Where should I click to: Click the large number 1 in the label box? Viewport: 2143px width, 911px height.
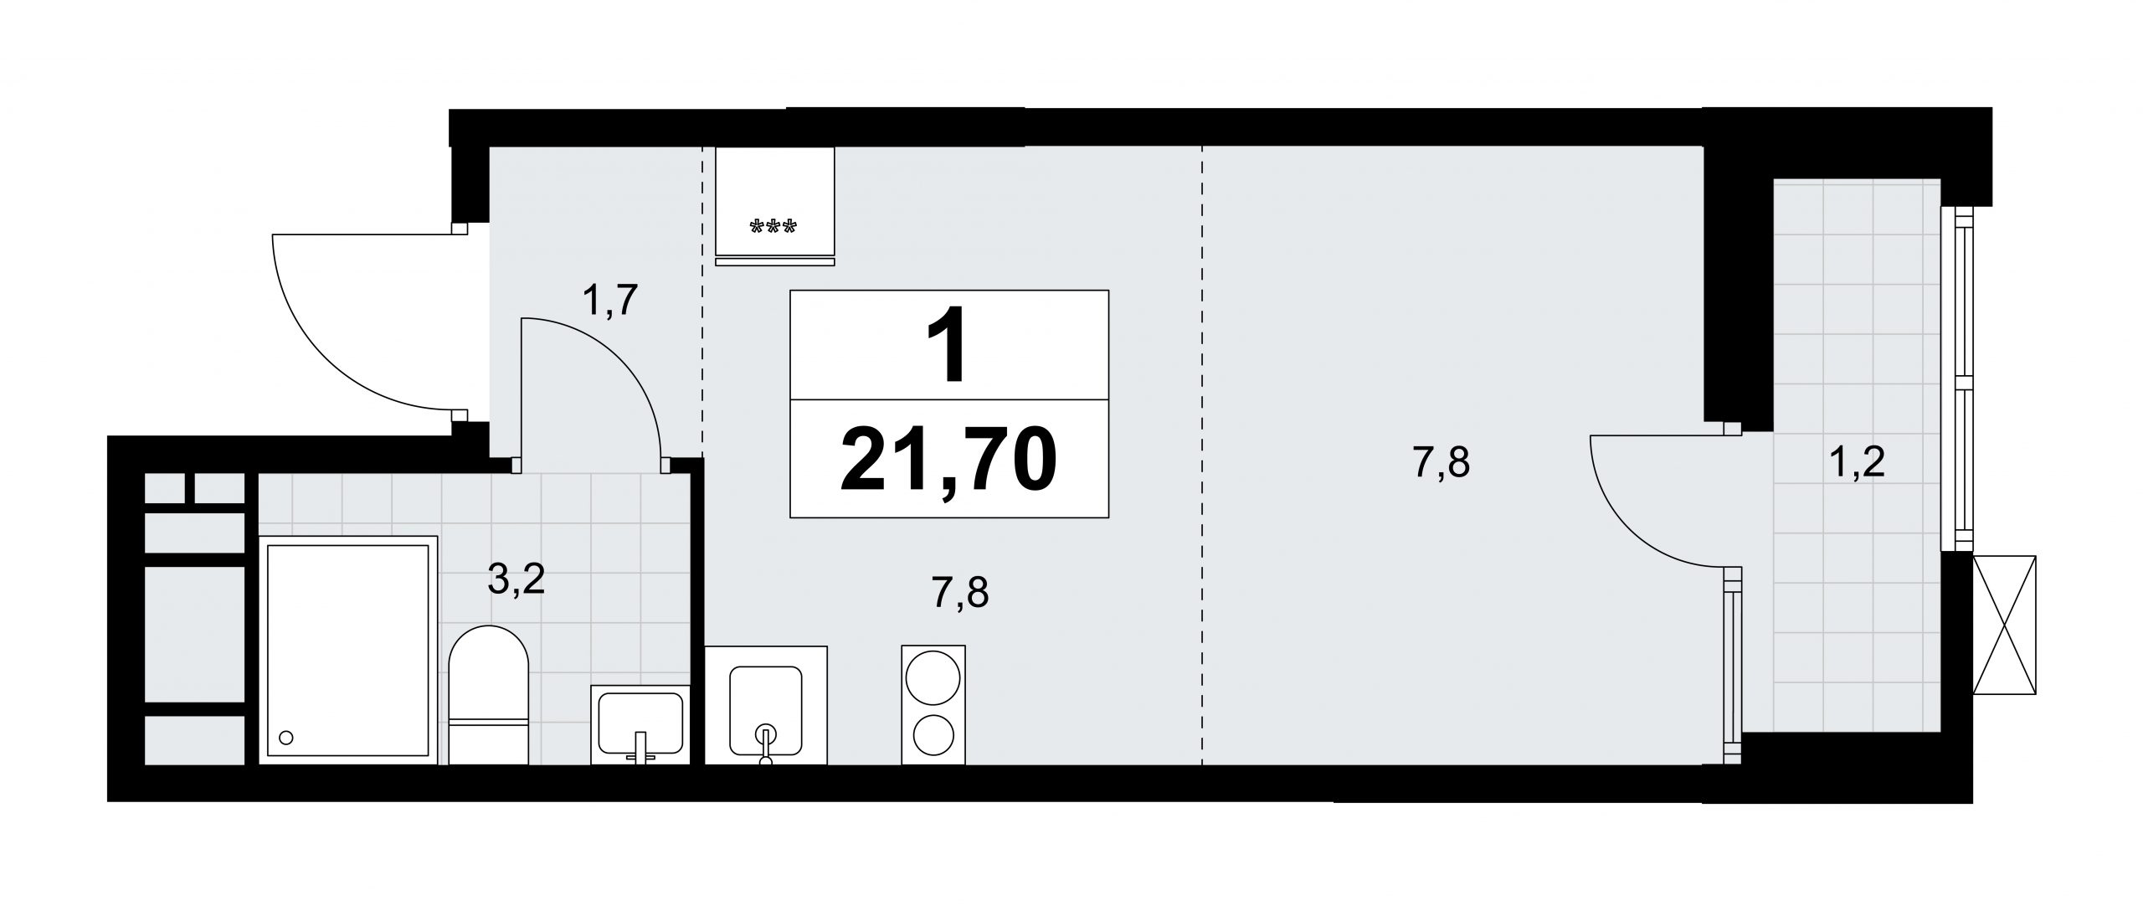[x=949, y=344]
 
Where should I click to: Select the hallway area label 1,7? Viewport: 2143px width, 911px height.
[x=610, y=301]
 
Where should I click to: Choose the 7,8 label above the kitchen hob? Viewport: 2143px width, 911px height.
[x=960, y=594]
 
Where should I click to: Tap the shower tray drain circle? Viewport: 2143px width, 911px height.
[x=286, y=738]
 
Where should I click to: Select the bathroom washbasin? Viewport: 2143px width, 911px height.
[x=640, y=723]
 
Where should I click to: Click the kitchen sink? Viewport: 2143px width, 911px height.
[x=766, y=705]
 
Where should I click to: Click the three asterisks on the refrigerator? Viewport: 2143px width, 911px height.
[x=774, y=227]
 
